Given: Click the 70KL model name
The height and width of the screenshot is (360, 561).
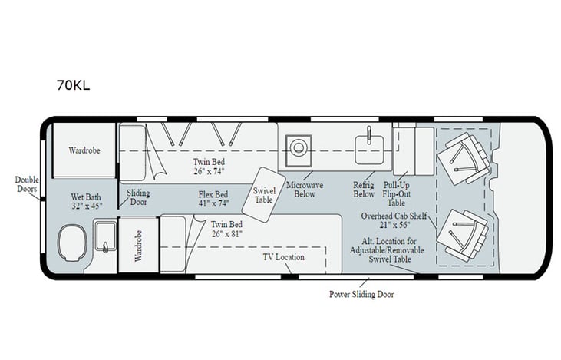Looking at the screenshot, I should click(x=73, y=85).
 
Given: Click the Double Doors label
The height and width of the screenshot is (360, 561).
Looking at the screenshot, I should click(x=27, y=185).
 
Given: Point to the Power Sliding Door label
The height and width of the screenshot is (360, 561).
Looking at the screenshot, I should click(x=361, y=293).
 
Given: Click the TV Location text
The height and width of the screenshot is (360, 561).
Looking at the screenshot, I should click(x=283, y=256).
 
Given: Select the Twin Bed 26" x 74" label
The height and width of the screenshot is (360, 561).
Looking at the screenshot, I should click(x=209, y=167).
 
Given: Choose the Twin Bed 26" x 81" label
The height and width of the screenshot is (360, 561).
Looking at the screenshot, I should click(x=228, y=229).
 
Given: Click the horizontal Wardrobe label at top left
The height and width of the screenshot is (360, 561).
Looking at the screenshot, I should click(x=84, y=150).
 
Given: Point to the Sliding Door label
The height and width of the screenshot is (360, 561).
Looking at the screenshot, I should click(x=138, y=198).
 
